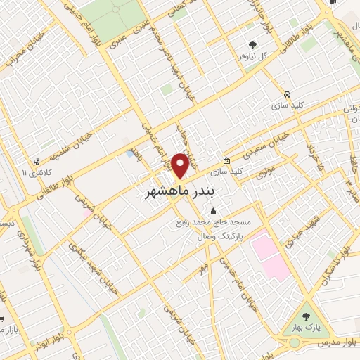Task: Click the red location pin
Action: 180,166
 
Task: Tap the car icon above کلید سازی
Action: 287,94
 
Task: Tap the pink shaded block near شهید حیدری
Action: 270,254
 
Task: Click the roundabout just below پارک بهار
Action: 294,343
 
